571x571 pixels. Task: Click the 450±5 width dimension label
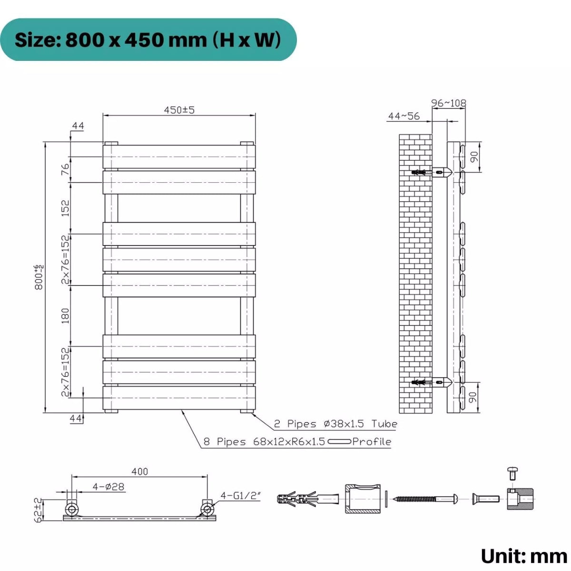[x=179, y=110]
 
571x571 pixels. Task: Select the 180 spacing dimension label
[x=65, y=315]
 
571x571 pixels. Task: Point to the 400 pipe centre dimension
[x=139, y=471]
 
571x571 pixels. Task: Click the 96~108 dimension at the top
[x=448, y=103]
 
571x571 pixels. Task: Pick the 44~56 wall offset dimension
[x=404, y=116]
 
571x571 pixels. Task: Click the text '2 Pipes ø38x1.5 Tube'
[x=335, y=423]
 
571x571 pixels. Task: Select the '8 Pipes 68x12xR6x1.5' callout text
[x=264, y=442]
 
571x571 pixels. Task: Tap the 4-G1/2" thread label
[x=241, y=496]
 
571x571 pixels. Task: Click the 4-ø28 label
[x=108, y=487]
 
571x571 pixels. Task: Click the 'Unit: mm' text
[x=523, y=556]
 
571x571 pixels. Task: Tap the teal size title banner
[x=148, y=40]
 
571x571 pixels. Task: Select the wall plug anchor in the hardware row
[x=307, y=499]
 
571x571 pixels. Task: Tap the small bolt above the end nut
[x=512, y=473]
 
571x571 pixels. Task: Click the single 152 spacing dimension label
[x=65, y=208]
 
